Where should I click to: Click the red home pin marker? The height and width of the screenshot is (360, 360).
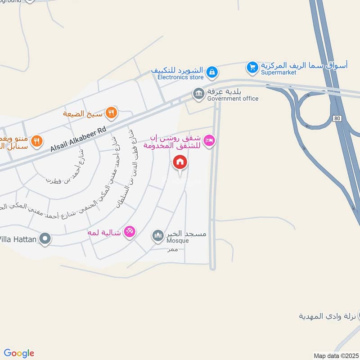click(x=180, y=162)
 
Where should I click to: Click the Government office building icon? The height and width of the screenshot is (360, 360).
click(x=198, y=94)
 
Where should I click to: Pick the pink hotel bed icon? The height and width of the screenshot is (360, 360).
click(x=209, y=141)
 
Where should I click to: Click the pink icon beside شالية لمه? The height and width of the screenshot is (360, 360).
click(x=129, y=232)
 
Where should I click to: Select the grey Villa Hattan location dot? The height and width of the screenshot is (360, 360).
click(x=44, y=238)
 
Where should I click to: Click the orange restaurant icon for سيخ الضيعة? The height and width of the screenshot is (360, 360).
click(x=111, y=113)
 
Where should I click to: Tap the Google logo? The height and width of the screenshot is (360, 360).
click(x=19, y=353)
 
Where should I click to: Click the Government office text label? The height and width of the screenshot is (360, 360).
click(x=233, y=99)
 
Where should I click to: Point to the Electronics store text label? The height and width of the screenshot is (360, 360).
click(x=180, y=77)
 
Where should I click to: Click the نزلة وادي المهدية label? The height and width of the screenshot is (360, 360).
click(x=328, y=316)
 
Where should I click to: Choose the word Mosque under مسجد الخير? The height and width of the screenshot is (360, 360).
click(x=178, y=241)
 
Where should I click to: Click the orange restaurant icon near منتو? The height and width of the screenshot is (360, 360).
click(x=37, y=141)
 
